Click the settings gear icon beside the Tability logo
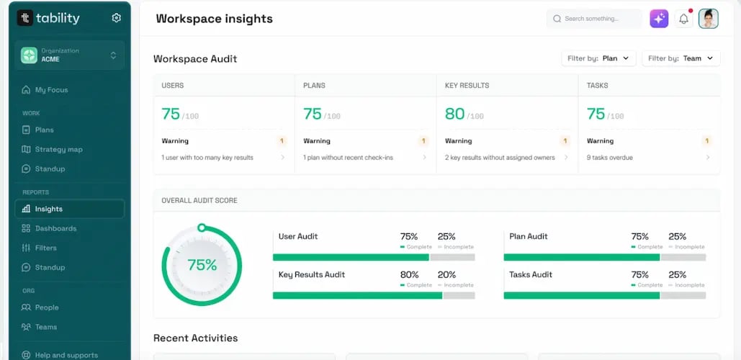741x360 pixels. pos(117,18)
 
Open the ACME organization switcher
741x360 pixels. pos(69,55)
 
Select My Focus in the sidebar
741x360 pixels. pos(51,90)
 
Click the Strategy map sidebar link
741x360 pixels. pos(58,150)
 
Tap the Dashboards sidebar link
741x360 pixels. pos(55,228)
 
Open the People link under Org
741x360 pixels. pos(47,307)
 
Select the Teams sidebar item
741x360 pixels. pos(46,327)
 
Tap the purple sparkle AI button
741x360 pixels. pos(659,19)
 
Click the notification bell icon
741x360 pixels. pos(683,19)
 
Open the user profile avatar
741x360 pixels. pos(709,19)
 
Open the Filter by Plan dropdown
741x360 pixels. pos(598,58)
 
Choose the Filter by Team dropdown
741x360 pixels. pos(681,58)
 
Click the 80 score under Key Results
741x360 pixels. pos(454,114)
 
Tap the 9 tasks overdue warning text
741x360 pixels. pos(610,158)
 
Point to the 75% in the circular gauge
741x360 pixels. pos(202,265)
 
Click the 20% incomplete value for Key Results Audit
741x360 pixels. pos(446,274)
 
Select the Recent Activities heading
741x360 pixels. pos(195,338)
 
